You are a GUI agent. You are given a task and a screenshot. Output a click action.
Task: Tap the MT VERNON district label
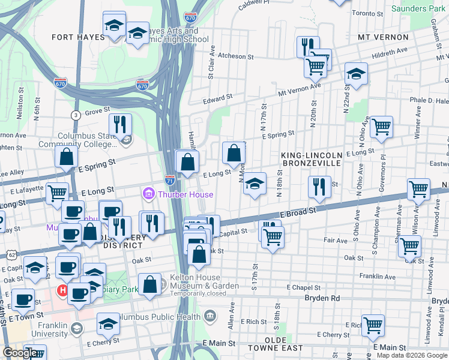(x=382, y=37)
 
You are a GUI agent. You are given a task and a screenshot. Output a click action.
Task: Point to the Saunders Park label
(x=418, y=9)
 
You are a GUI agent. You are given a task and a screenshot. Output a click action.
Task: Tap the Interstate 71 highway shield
(x=170, y=180)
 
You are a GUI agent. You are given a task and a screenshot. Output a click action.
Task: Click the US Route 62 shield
(x=12, y=254)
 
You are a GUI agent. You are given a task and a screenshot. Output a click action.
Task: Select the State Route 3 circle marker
(x=76, y=115)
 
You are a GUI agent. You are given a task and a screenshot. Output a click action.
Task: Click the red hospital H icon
(x=62, y=291)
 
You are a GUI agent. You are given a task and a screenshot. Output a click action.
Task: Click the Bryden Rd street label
(x=322, y=298)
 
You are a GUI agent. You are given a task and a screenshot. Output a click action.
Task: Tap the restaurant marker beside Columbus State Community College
(x=119, y=124)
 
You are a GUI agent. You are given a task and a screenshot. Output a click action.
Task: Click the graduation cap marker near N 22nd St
(x=356, y=74)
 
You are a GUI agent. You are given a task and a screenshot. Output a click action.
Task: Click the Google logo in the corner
(x=20, y=353)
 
